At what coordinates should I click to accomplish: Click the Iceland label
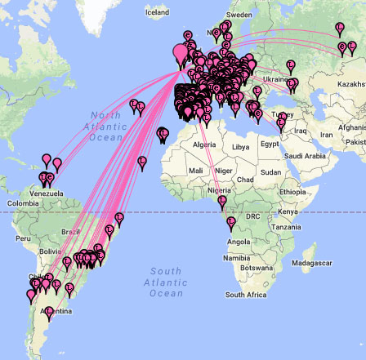[157, 12]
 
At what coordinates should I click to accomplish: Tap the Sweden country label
[239, 15]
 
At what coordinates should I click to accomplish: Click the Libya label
[240, 147]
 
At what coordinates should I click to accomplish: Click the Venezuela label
[46, 193]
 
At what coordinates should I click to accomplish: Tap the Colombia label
[23, 202]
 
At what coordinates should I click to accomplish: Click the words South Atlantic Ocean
[165, 282]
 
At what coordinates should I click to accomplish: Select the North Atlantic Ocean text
[105, 127]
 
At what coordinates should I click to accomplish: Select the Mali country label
[195, 171]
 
